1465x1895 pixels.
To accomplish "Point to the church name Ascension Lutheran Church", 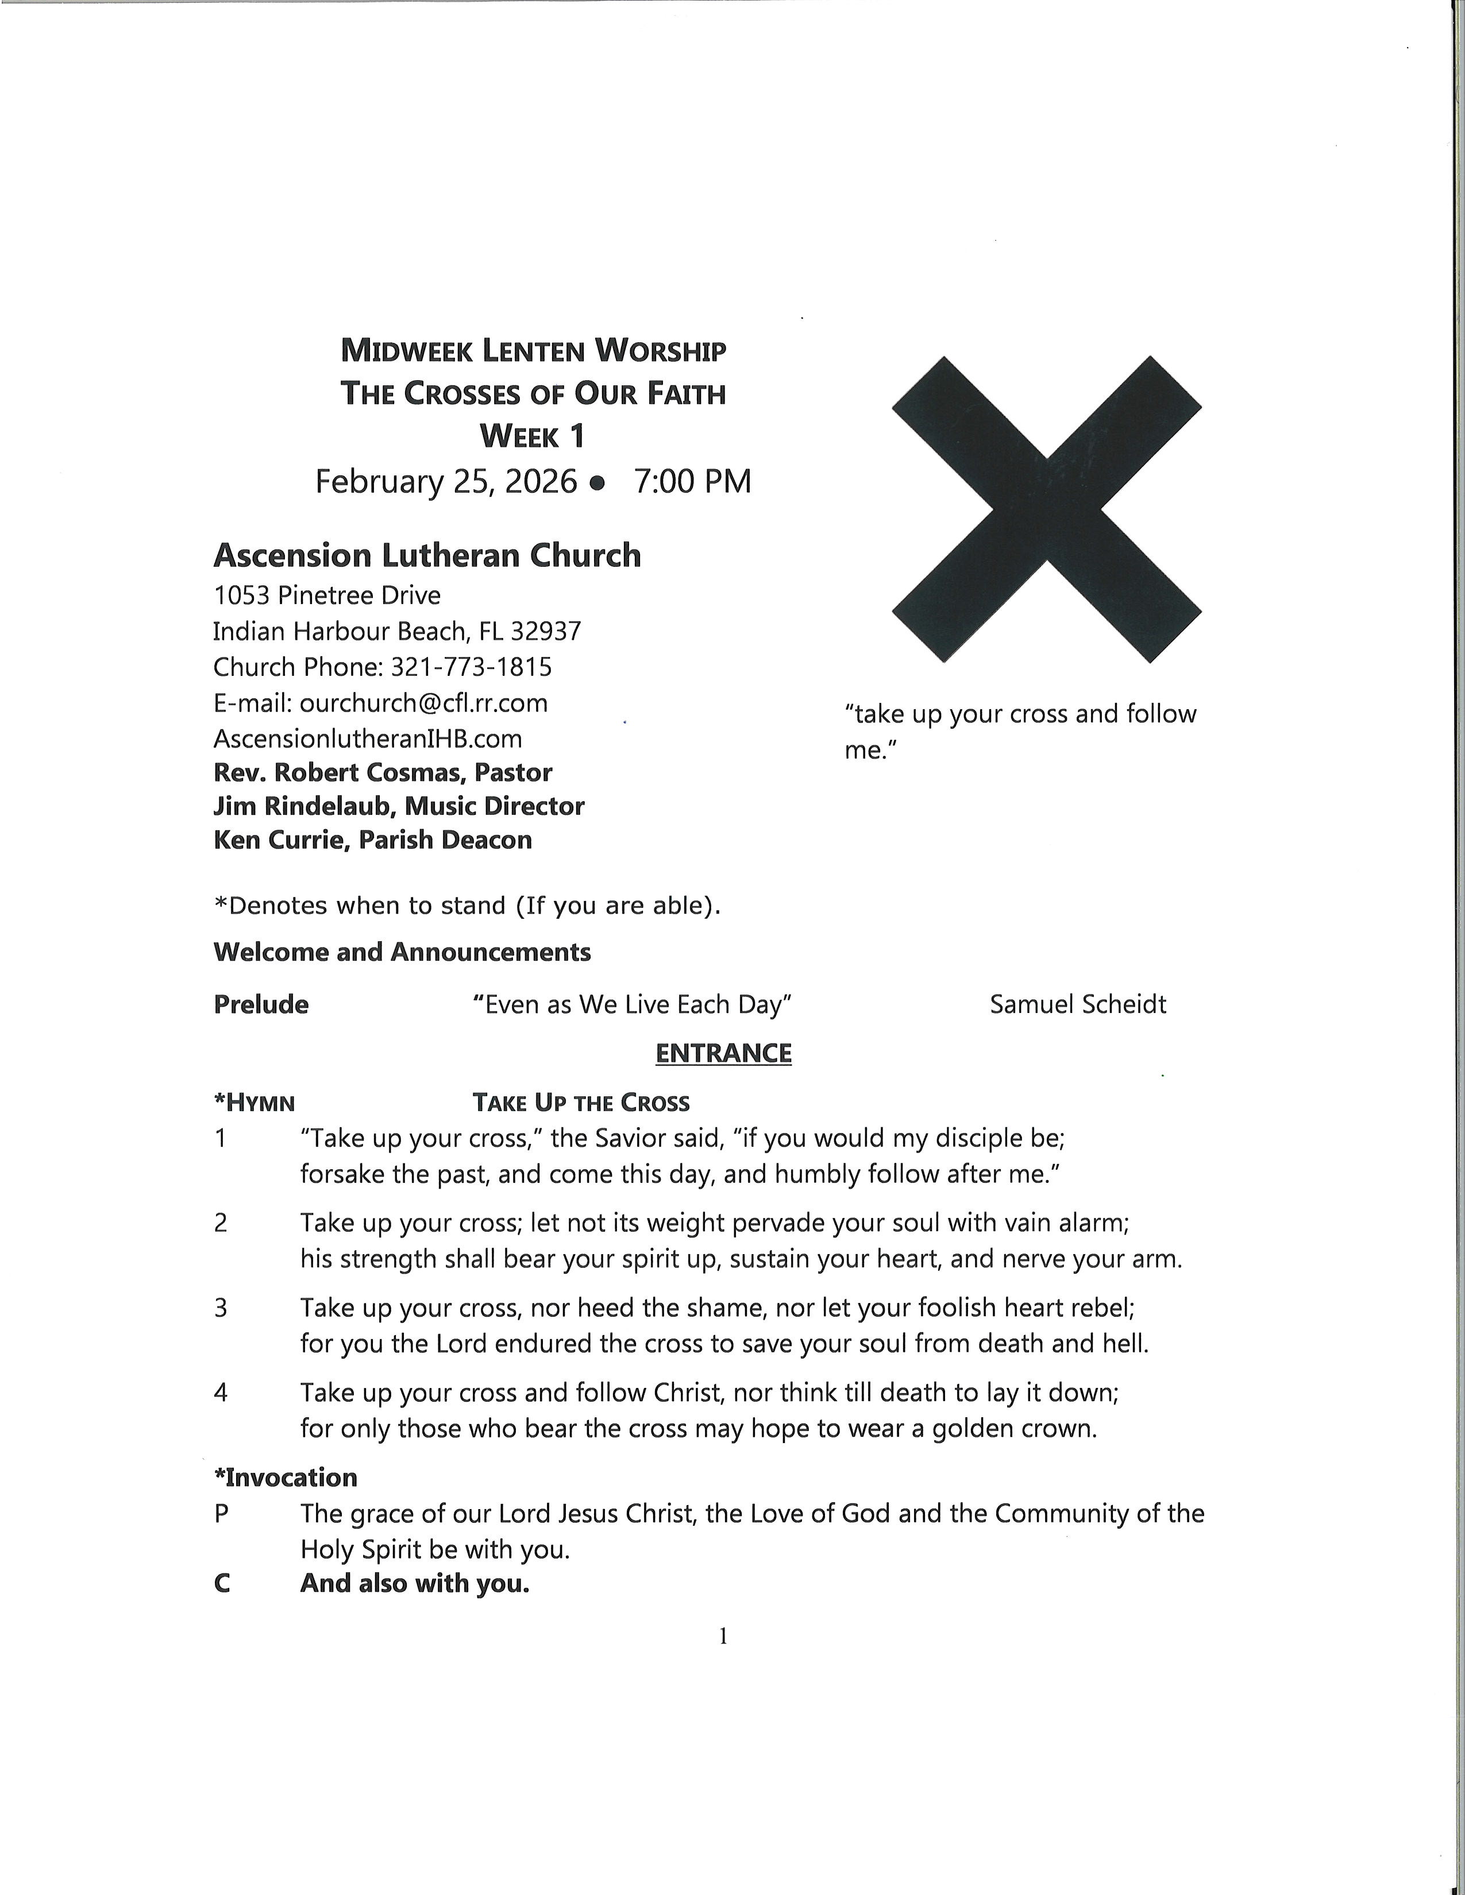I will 427,555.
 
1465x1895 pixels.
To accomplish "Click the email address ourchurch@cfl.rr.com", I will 423,703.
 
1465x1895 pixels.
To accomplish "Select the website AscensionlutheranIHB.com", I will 367,738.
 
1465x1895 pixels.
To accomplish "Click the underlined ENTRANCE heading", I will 723,1053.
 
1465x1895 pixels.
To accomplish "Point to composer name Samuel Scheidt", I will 1077,1005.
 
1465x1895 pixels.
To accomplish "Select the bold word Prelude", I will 260,1005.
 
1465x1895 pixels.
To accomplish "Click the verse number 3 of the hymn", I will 221,1307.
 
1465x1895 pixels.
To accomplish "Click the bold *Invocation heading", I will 286,1478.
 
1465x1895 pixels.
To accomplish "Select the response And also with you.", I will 414,1584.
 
